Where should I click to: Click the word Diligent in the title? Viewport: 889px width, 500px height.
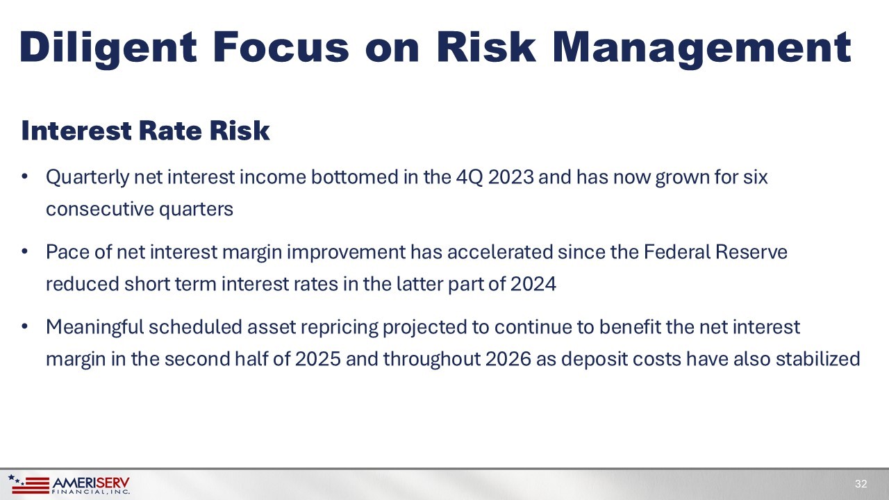108,49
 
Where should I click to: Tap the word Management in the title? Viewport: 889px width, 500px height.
701,49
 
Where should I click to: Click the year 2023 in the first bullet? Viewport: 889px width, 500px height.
510,177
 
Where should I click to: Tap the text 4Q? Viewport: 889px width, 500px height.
469,178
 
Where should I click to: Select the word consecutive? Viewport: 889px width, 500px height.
99,210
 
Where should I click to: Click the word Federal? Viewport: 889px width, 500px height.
676,252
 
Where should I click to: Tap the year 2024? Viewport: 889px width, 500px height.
533,284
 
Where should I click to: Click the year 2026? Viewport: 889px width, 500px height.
508,359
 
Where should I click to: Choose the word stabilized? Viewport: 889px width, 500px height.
817,359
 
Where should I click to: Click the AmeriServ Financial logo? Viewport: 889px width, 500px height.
69,485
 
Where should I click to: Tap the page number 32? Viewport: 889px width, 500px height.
861,484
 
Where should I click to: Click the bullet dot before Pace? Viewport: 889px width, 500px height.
24,251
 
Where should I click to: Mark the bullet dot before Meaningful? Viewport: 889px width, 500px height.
24,326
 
